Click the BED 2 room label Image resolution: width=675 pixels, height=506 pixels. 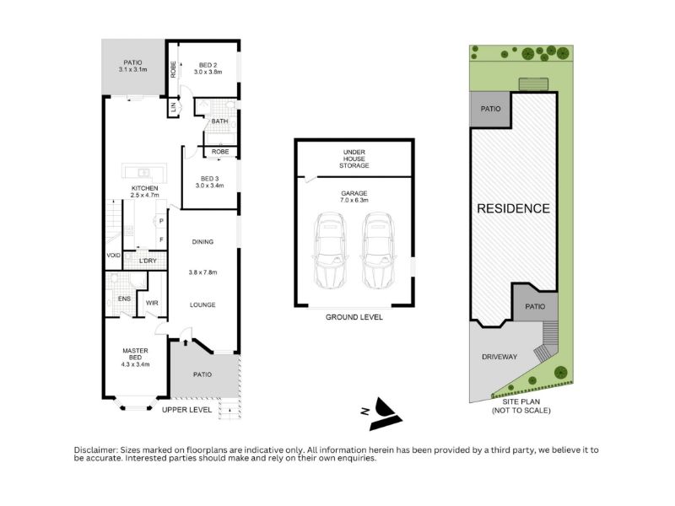208,65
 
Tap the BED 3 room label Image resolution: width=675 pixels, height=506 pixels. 209,179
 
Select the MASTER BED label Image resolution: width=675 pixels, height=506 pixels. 135,354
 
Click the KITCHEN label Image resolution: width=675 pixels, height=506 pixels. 144,188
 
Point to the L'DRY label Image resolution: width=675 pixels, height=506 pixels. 148,261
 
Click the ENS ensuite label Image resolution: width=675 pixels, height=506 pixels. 124,299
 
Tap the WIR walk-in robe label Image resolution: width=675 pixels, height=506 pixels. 152,303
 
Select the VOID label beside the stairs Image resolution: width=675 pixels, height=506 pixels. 113,256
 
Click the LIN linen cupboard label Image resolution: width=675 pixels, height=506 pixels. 174,107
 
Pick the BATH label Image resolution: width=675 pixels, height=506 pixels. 219,121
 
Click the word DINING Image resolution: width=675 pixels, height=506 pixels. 202,242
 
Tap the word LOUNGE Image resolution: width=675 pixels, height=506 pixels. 202,304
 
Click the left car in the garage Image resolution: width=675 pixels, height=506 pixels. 330,250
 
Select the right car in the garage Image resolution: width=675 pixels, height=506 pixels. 378,250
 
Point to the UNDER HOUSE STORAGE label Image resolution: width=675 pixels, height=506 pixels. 354,159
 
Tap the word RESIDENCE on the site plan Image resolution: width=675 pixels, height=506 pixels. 513,208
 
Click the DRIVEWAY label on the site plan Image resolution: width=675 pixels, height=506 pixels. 499,357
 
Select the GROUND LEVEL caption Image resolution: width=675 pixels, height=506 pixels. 354,317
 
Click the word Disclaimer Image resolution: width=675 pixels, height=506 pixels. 95,450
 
